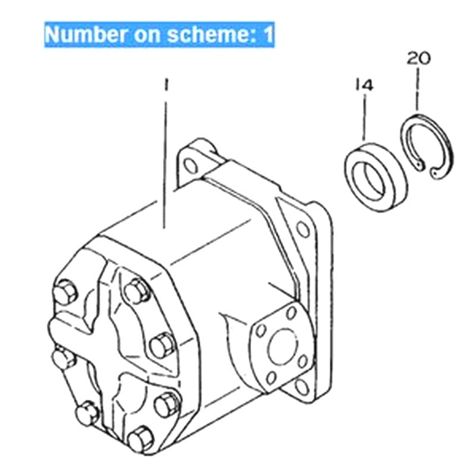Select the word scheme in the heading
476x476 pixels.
click(x=202, y=35)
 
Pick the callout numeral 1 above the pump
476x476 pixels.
click(x=167, y=85)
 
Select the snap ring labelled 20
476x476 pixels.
click(x=428, y=143)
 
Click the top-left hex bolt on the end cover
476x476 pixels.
click(x=64, y=295)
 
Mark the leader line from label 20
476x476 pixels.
click(x=418, y=89)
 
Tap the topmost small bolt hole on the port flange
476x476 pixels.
click(x=291, y=312)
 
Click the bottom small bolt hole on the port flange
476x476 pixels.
click(x=271, y=377)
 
